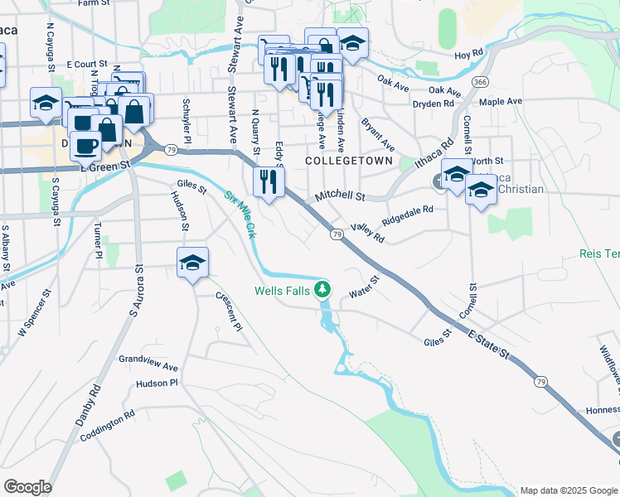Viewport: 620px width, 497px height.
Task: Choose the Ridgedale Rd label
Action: (407, 216)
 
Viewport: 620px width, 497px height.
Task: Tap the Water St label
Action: (363, 292)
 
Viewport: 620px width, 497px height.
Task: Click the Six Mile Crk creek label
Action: (240, 212)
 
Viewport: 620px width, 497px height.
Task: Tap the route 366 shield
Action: (479, 83)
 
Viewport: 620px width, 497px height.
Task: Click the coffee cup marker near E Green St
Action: (85, 145)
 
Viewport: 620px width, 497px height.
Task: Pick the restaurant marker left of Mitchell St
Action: (268, 180)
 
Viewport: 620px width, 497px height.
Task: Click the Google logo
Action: (27, 487)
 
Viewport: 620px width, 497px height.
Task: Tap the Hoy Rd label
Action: (468, 55)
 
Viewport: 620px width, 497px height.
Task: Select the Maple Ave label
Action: (501, 101)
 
